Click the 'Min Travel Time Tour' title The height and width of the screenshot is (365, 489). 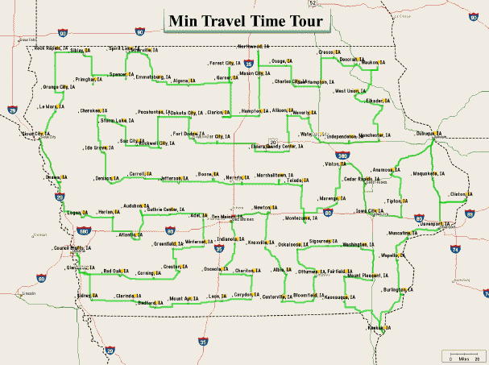tap(246, 21)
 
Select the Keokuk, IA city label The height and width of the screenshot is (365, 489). tap(379, 328)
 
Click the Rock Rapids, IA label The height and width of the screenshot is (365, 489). tap(50, 48)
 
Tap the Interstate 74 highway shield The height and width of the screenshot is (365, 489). tap(456, 250)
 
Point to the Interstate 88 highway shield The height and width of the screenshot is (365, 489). tap(470, 213)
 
